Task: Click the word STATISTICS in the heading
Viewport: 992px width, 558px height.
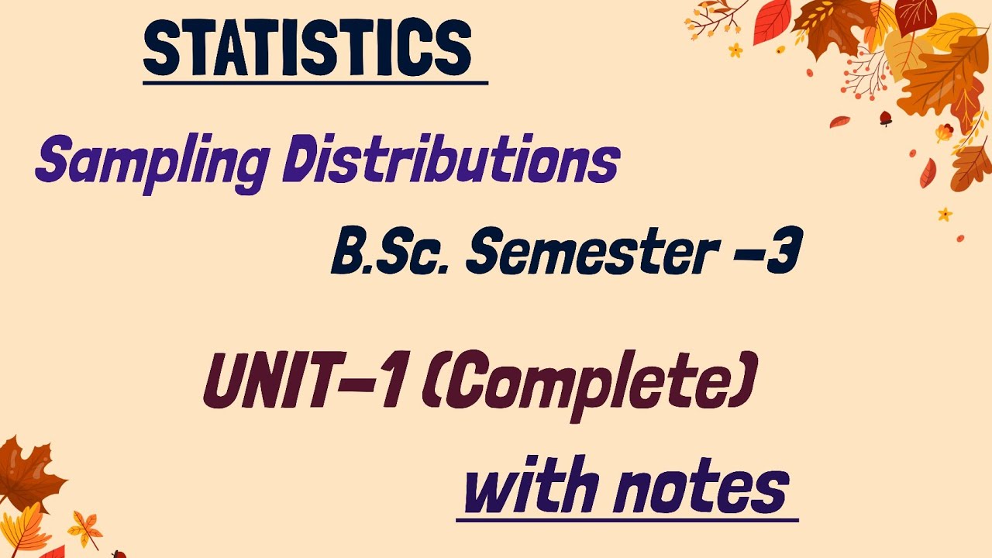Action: [308, 49]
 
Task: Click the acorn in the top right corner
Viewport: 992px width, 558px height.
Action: [885, 118]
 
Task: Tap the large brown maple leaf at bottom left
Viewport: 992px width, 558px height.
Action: [27, 473]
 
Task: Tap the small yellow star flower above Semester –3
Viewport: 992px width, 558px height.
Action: [945, 213]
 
